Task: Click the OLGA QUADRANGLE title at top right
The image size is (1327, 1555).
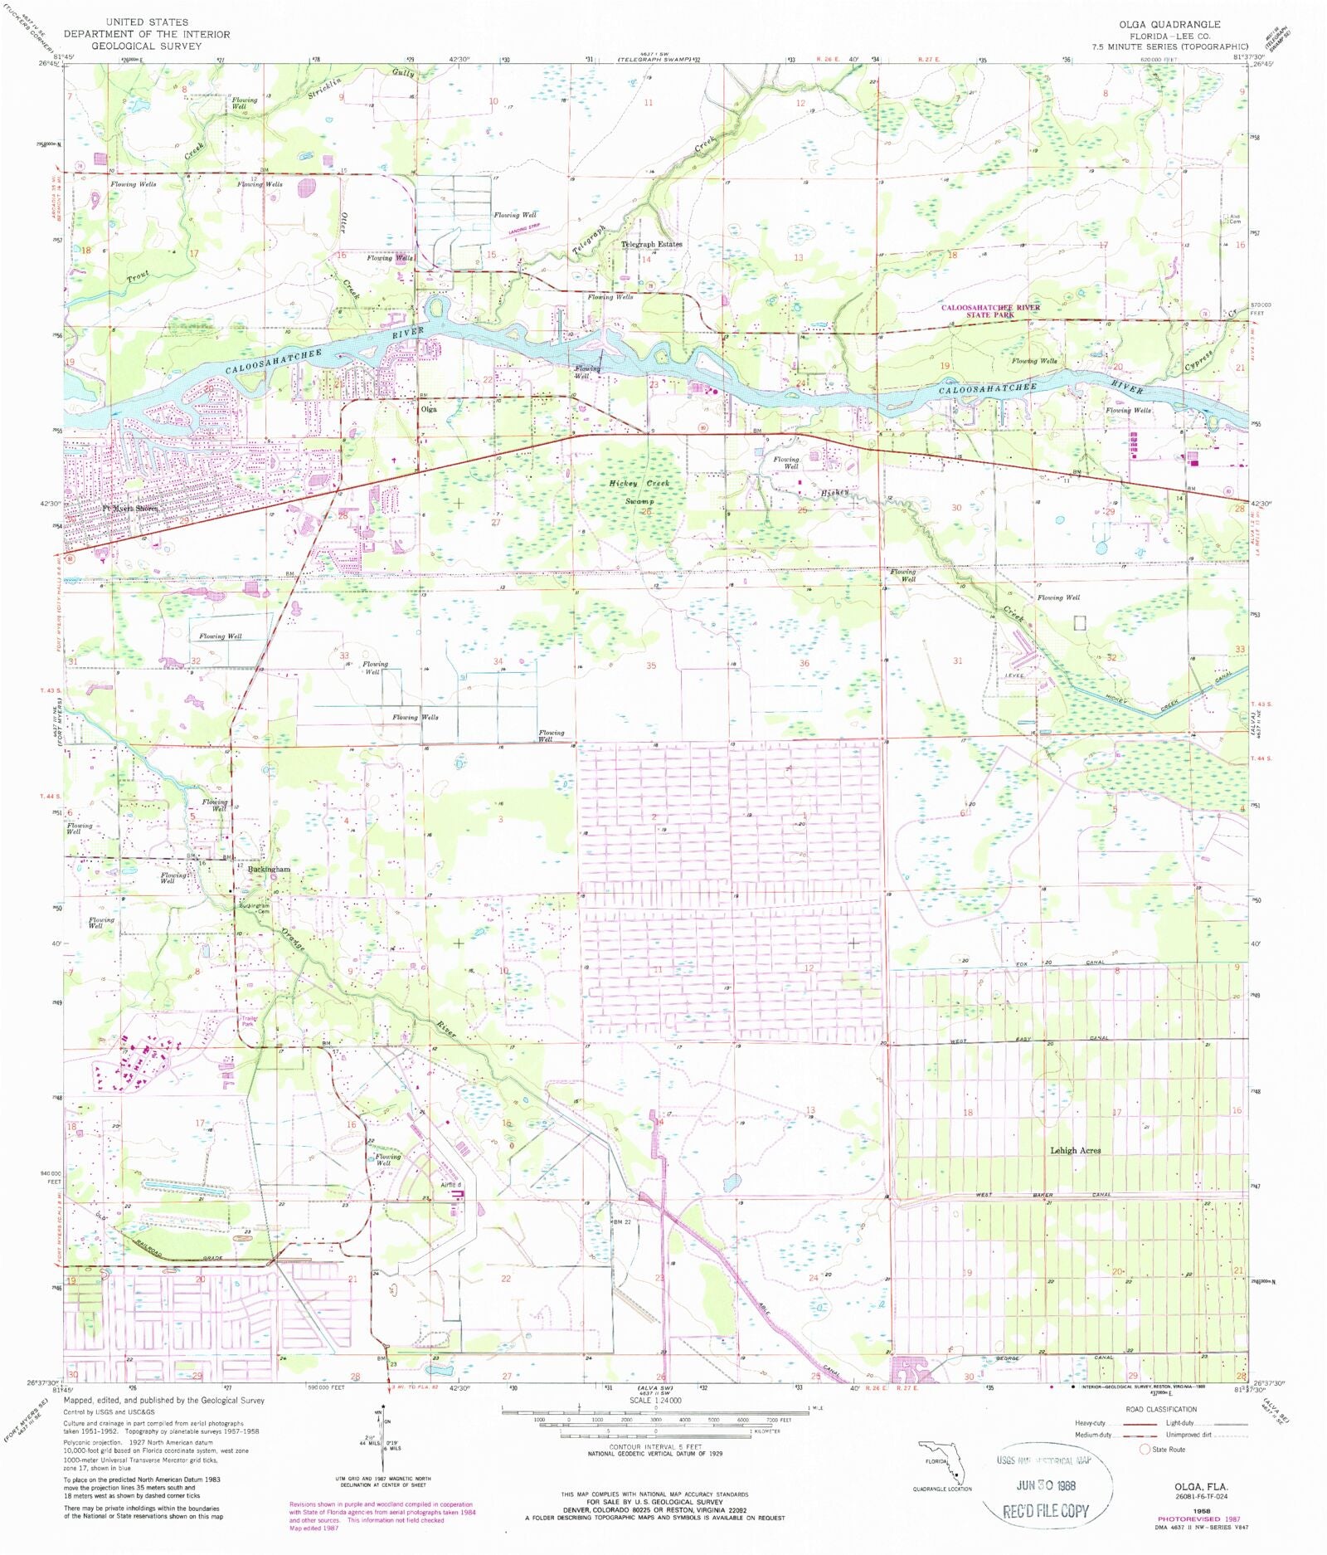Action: tap(1169, 25)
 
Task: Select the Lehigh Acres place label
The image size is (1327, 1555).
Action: tap(1075, 1150)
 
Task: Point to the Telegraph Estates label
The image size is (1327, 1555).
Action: tap(652, 245)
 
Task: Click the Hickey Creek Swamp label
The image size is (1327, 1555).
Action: tap(639, 492)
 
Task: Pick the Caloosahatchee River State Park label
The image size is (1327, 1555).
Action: tap(990, 311)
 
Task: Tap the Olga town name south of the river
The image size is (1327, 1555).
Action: tap(428, 409)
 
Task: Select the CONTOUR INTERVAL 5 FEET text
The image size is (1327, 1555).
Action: tap(655, 1447)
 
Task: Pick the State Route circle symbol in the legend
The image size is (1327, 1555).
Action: tap(1145, 1450)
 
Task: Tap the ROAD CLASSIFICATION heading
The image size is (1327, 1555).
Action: tap(1161, 1409)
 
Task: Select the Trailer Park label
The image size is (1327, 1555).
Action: tap(247, 1021)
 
